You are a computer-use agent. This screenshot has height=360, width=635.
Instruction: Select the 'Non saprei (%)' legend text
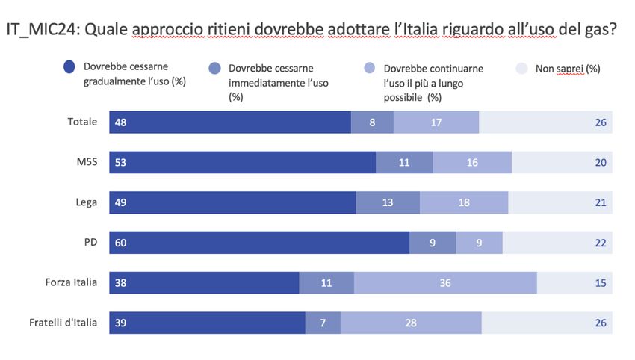(567, 69)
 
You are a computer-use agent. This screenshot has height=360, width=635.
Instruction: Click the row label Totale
(82, 122)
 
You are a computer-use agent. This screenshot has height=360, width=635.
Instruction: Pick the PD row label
(91, 243)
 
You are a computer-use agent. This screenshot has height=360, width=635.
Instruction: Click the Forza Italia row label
(72, 282)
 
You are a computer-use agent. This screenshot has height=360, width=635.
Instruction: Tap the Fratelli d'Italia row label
(63, 323)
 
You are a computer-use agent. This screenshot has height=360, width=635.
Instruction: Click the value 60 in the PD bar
(120, 243)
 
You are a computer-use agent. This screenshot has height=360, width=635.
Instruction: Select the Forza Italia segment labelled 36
(445, 283)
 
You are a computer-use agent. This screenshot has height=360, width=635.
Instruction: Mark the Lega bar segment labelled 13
(388, 202)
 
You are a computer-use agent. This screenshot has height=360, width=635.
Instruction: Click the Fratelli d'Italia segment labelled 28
(411, 323)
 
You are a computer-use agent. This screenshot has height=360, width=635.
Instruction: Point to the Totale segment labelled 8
(372, 122)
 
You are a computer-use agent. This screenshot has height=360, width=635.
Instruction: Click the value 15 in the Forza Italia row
(600, 283)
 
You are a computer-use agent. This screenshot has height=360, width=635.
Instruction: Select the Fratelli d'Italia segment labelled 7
(323, 323)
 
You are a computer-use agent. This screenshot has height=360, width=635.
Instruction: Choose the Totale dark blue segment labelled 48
(120, 122)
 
